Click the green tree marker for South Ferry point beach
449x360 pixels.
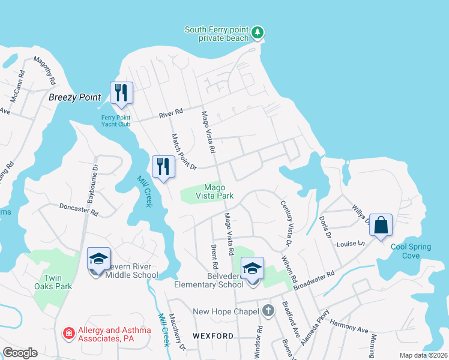pyautogui.click(x=258, y=32)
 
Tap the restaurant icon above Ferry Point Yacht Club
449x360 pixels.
pyautogui.click(x=121, y=93)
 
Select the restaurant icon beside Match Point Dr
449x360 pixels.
pyautogui.click(x=163, y=166)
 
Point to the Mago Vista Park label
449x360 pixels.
pyautogui.click(x=214, y=191)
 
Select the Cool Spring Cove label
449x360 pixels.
pyautogui.click(x=414, y=251)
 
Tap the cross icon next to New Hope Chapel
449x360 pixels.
pyautogui.click(x=268, y=311)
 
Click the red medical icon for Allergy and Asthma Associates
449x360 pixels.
pyautogui.click(x=69, y=332)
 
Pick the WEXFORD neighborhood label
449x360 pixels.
pyautogui.click(x=213, y=336)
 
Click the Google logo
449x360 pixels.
pyautogui.click(x=20, y=353)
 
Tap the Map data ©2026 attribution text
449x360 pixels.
pyautogui.click(x=423, y=355)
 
